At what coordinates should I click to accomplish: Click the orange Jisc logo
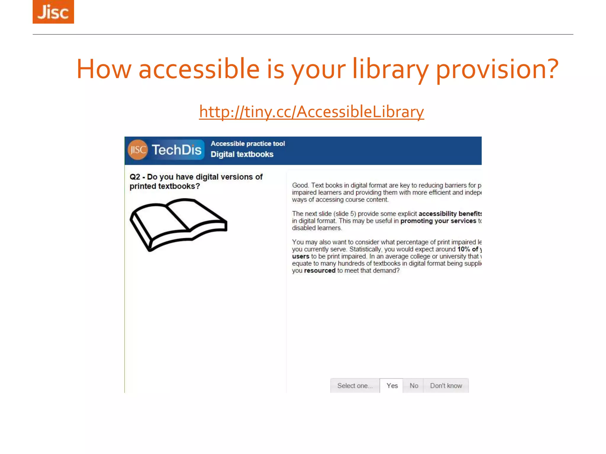53,12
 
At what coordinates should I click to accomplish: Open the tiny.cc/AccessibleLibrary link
311,112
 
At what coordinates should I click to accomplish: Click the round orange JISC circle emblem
138,150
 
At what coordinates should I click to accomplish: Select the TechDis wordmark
177,150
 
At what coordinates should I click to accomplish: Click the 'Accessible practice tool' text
248,144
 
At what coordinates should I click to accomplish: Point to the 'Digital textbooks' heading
242,154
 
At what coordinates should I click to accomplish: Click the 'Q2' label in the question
135,177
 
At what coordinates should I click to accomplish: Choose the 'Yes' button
392,386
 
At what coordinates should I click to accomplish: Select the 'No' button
414,386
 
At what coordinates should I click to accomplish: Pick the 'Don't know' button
446,386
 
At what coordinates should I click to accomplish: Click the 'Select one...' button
355,386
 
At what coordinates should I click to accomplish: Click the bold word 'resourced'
320,270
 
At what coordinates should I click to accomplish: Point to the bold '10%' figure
463,249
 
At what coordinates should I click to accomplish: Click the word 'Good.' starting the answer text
300,185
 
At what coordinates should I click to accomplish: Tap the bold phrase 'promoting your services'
438,221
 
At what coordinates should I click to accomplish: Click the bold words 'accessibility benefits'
450,214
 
